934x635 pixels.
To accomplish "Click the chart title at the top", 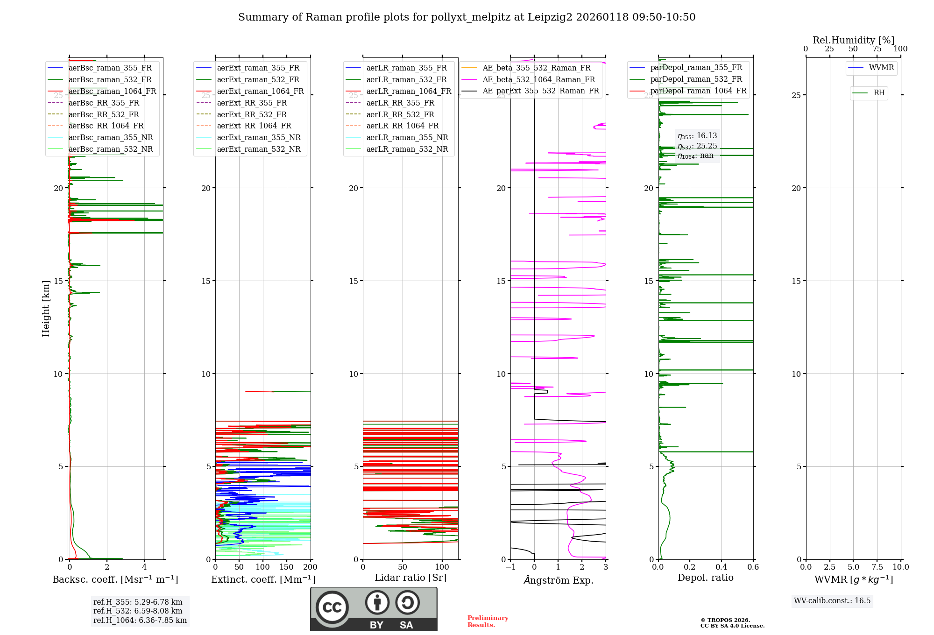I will (467, 17).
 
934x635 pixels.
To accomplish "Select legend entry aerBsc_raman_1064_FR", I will (112, 91).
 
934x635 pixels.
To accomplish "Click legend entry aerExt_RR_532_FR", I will (252, 114).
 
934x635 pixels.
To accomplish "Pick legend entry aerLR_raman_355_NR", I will (407, 137).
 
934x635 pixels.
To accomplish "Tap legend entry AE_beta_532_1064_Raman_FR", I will (538, 79).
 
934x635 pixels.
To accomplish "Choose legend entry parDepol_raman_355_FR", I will (696, 68).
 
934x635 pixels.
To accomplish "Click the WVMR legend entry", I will (881, 68).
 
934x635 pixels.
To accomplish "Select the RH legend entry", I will (879, 93).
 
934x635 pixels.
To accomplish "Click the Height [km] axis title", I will (46, 308).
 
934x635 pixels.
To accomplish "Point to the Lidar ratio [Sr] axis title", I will (410, 578).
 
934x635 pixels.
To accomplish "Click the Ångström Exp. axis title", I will (558, 580).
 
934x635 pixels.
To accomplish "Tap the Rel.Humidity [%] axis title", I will (853, 40).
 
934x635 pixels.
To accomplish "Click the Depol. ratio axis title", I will (705, 578).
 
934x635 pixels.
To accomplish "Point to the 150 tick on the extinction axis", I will (286, 567).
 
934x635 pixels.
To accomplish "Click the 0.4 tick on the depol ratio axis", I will (722, 567).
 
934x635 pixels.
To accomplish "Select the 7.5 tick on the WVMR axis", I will (877, 567).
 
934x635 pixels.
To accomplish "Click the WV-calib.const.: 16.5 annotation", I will (832, 600).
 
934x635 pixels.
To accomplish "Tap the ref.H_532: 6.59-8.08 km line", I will (138, 611).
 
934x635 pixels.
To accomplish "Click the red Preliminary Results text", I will (488, 621).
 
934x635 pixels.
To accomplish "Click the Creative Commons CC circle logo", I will (332, 607).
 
